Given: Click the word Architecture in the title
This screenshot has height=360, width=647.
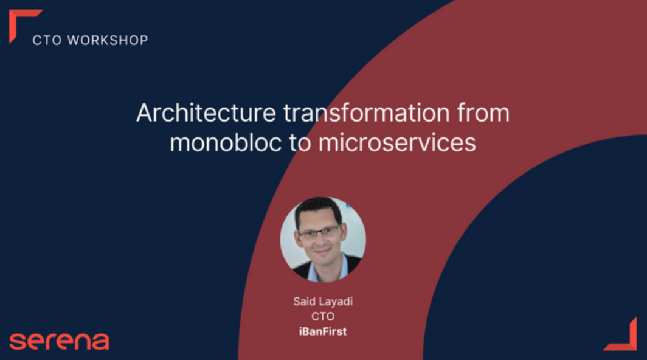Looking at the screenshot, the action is tap(206, 112).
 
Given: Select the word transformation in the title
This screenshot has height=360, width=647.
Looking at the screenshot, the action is tap(367, 112).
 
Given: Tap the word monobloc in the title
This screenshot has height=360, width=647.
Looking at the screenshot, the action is tap(226, 142).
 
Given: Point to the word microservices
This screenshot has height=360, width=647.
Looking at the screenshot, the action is tap(397, 142).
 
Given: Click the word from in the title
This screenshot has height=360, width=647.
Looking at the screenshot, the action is tap(483, 112).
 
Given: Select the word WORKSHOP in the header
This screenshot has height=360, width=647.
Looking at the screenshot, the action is tap(108, 40).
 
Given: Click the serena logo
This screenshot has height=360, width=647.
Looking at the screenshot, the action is tap(59, 341).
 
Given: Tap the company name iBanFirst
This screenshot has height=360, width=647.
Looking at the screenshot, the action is tap(323, 331).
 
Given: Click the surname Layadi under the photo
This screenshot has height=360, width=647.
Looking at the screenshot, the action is tap(336, 302).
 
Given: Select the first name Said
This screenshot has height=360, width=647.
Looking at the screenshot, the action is tap(304, 302).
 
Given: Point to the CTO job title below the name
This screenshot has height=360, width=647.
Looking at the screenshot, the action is tap(323, 317).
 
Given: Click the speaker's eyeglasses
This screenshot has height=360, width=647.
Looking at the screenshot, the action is tap(320, 232).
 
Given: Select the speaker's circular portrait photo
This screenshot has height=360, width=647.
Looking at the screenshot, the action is tap(323, 240).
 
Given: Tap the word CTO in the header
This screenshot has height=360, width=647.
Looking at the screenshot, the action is tap(47, 40).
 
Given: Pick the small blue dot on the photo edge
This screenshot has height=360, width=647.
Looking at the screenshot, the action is tap(348, 206).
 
